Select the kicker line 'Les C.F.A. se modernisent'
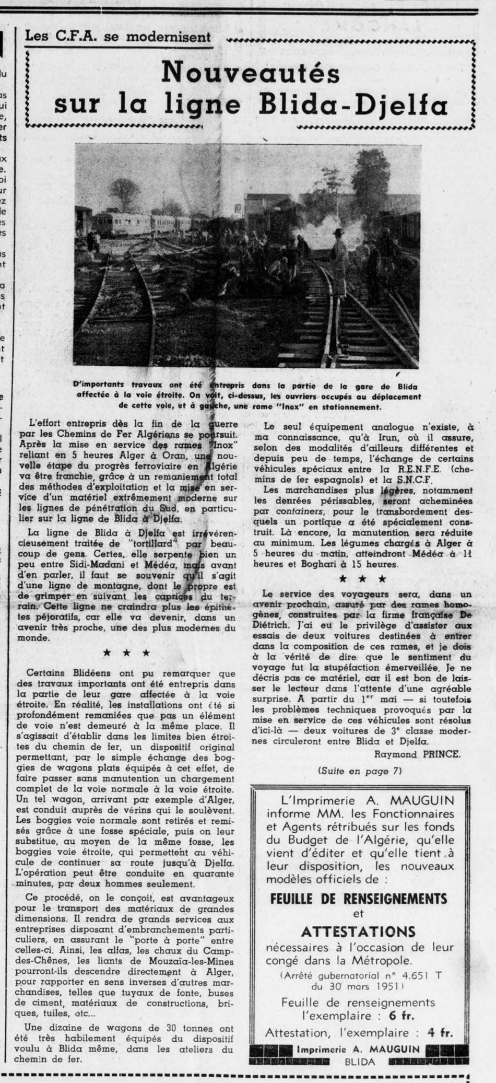(117, 37)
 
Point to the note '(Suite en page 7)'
(360, 771)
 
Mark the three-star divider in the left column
(127, 653)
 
